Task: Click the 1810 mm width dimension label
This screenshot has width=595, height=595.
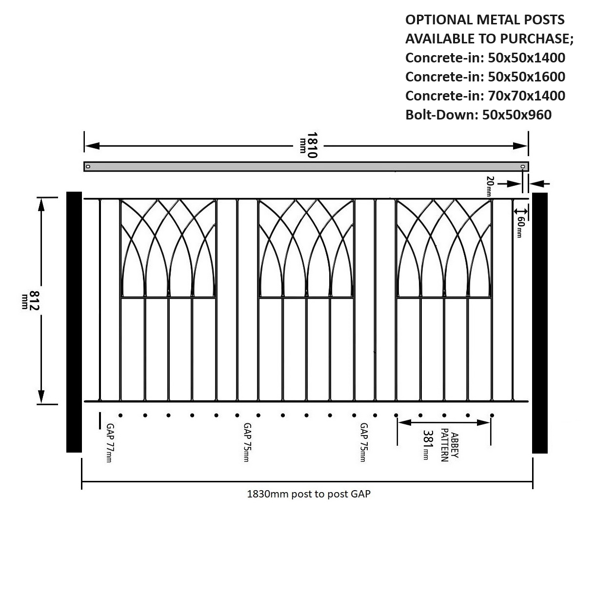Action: pos(309,145)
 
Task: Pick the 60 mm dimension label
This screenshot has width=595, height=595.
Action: pos(520,227)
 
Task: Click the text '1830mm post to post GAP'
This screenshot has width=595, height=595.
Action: pos(308,494)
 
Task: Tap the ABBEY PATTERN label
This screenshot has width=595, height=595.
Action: pos(449,445)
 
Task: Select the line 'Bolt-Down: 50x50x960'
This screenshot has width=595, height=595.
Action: pos(478,115)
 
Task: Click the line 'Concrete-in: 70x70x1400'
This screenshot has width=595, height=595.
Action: pos(485,96)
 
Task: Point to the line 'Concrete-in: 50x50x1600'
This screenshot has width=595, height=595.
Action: pos(485,77)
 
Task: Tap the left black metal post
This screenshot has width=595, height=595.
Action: pos(74,322)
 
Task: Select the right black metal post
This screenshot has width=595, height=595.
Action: pos(540,323)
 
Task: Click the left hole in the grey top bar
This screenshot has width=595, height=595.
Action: pos(88,167)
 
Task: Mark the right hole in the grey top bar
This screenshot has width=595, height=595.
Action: pos(522,167)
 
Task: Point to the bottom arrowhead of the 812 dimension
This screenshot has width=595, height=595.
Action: pos(41,397)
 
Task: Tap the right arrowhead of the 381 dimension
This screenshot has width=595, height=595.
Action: pos(483,422)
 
